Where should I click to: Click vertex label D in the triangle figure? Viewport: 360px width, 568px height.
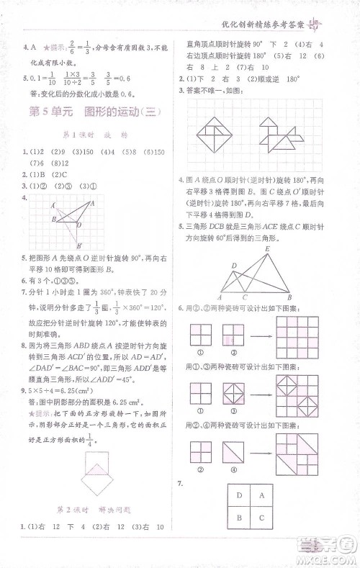tap(235, 266)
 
